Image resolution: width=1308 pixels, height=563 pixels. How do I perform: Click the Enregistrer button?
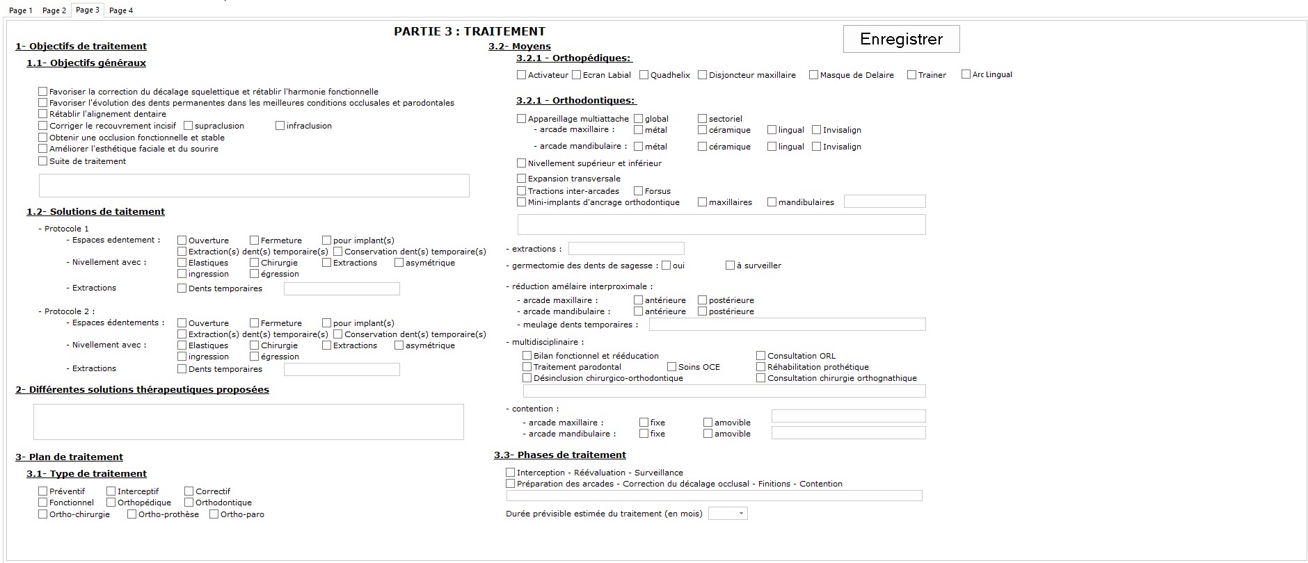[x=901, y=39]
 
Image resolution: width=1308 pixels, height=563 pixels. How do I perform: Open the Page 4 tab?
[x=121, y=10]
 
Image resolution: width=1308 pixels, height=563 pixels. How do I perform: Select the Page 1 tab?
[x=20, y=10]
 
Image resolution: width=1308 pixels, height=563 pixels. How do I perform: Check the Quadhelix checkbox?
[x=644, y=75]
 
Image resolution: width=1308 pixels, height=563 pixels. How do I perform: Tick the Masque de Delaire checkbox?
[x=813, y=75]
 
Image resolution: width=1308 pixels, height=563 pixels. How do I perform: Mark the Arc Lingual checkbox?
[x=966, y=74]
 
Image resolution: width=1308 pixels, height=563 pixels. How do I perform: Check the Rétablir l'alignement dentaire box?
[x=43, y=114]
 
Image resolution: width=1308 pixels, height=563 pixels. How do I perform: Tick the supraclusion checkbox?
[x=189, y=126]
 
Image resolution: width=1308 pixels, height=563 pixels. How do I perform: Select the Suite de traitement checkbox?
[x=43, y=161]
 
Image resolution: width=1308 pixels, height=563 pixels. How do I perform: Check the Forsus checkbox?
[x=638, y=191]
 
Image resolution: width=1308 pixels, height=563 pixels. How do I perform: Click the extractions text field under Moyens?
[x=626, y=249]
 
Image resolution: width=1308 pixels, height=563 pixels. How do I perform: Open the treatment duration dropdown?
[x=728, y=514]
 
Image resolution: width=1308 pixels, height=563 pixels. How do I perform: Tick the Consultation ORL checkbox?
[x=761, y=356]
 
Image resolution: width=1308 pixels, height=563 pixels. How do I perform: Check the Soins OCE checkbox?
[x=671, y=367]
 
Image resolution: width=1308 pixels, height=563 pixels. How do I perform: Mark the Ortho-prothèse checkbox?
[x=131, y=514]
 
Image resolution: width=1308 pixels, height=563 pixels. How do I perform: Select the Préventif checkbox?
[x=43, y=491]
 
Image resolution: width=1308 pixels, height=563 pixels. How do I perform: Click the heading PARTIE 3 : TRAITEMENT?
[x=470, y=31]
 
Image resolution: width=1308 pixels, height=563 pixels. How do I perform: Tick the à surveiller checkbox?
[x=730, y=266]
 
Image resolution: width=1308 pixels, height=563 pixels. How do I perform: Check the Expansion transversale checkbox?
[x=522, y=179]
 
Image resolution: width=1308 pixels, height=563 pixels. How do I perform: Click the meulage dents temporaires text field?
[x=787, y=325]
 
